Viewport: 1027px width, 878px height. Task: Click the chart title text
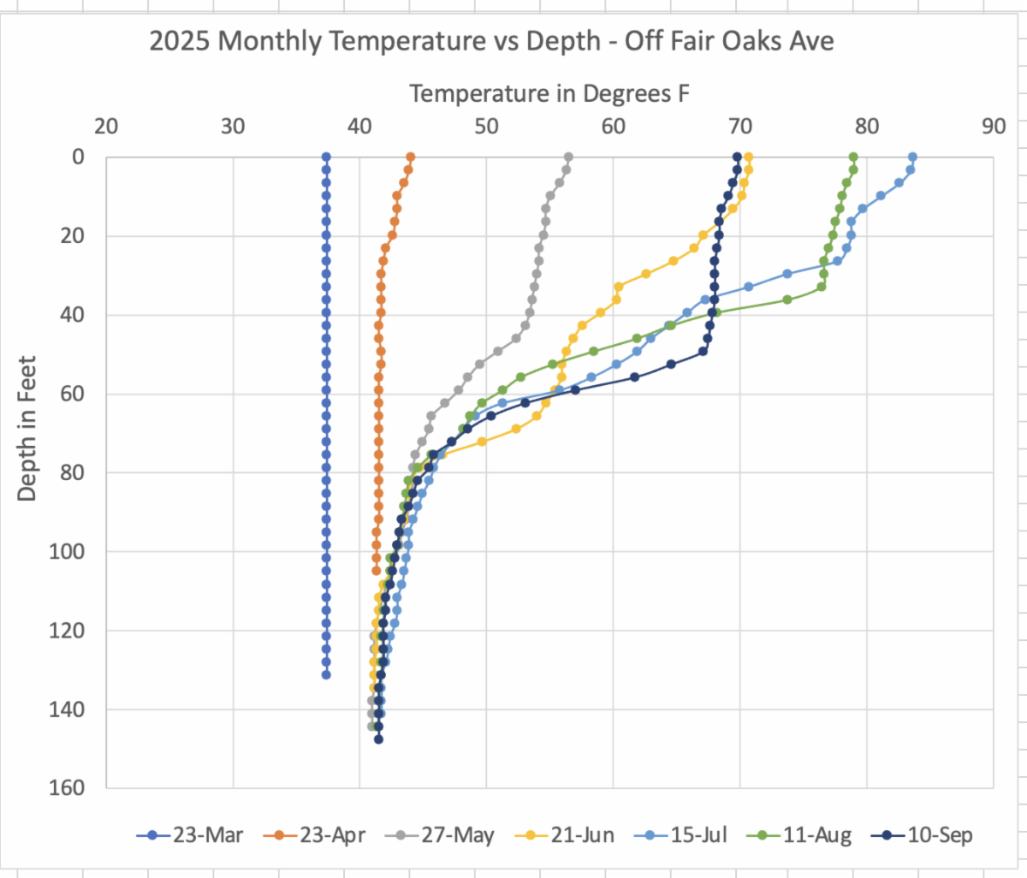tap(491, 41)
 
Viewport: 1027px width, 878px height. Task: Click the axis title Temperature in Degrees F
tap(549, 93)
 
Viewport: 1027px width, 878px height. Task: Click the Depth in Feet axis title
tap(27, 428)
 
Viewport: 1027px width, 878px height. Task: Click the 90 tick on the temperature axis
tap(994, 127)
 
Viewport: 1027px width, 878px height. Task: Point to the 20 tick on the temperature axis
tap(106, 127)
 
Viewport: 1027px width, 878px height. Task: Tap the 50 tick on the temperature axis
tap(486, 127)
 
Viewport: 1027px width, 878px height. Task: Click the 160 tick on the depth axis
tap(71, 787)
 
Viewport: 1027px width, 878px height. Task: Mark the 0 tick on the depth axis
tap(79, 157)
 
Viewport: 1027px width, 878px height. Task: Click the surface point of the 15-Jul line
tap(912, 157)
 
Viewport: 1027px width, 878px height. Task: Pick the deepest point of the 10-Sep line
tap(378, 739)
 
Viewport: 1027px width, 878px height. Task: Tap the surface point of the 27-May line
tap(568, 157)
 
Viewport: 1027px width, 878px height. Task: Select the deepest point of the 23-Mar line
tap(326, 675)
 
